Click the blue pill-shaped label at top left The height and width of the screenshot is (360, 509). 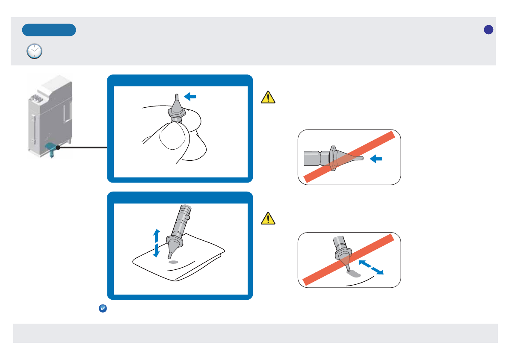coord(49,30)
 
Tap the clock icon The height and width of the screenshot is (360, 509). coord(35,51)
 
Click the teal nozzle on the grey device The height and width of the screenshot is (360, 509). coord(51,148)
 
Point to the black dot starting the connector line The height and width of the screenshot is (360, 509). coord(57,148)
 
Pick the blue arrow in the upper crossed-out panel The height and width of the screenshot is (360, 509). coord(376,159)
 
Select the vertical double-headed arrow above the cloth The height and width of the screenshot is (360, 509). coord(156,243)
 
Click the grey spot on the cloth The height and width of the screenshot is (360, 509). coord(173,262)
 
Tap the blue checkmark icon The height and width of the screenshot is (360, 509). coord(103,309)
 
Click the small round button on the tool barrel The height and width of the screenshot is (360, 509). coord(188,218)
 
